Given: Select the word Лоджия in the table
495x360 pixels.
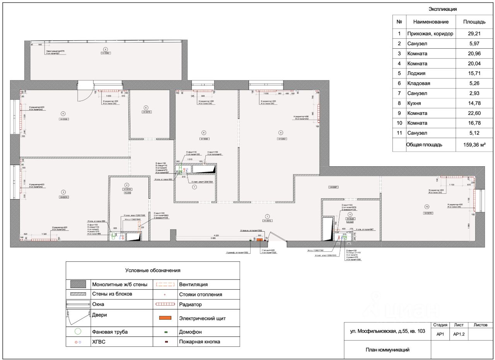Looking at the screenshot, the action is [416, 73].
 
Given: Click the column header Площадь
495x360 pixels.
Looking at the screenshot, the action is [474, 22].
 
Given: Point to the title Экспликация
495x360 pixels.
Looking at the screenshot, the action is [443, 9].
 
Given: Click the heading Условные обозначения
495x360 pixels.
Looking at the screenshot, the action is [153, 271].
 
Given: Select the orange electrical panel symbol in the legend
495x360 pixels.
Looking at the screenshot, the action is [165, 318].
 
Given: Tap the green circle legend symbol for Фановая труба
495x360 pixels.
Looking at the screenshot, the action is [78, 331].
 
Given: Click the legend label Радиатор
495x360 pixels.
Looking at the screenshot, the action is [190, 304].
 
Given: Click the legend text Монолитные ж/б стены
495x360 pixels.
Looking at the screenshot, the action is [120, 285].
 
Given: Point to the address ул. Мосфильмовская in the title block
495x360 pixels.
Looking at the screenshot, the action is [387, 331].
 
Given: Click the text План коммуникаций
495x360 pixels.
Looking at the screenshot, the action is [387, 350].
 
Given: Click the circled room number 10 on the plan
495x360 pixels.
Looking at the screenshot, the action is [427, 206].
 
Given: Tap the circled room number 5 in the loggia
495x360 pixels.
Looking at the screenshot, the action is [105, 49].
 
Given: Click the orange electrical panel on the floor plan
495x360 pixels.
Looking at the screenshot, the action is [259, 239].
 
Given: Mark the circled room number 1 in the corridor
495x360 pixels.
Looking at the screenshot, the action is [266, 216].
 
